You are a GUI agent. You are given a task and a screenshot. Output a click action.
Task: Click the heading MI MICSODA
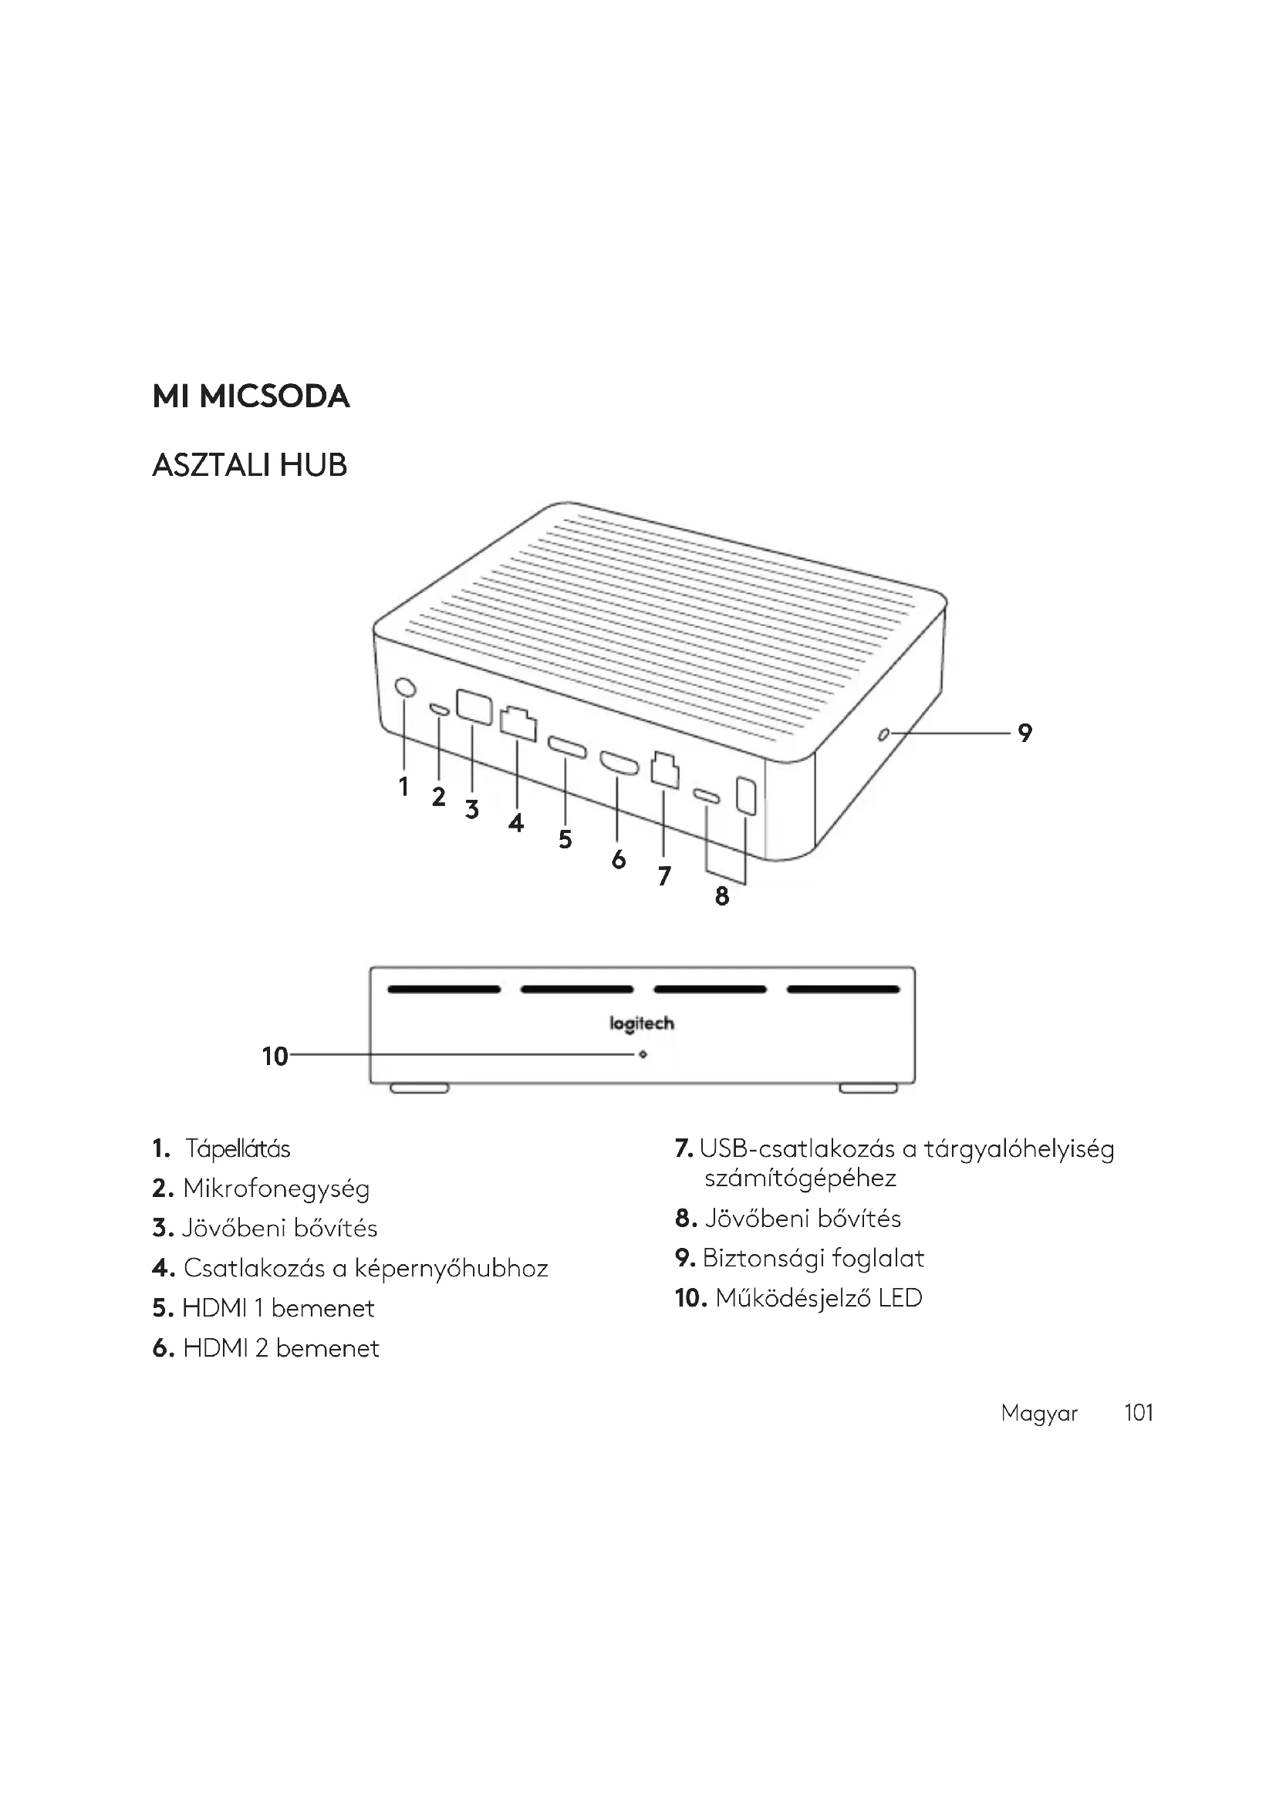click(251, 396)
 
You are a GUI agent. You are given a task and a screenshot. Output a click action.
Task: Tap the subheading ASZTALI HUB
click(249, 466)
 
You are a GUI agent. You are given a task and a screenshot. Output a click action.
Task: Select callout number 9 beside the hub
click(1025, 733)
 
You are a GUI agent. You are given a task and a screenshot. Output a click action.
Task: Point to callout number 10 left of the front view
click(275, 1057)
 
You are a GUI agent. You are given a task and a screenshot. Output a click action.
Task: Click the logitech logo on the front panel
click(642, 1023)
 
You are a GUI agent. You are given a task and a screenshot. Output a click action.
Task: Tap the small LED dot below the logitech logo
click(643, 1054)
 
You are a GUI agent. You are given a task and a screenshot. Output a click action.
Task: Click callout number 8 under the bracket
click(722, 895)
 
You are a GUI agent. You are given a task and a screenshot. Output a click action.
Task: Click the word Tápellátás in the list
click(238, 1149)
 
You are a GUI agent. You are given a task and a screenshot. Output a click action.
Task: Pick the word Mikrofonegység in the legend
click(275, 1189)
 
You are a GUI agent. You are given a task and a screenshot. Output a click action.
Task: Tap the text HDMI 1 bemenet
click(278, 1308)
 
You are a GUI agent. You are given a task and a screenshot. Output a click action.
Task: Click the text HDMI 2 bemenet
click(281, 1348)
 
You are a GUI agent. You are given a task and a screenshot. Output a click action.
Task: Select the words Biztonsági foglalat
click(813, 1258)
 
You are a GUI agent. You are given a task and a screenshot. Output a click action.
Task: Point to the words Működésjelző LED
click(818, 1298)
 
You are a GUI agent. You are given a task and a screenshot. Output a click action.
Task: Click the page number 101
click(1138, 1413)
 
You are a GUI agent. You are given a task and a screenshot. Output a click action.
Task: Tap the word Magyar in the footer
click(1038, 1414)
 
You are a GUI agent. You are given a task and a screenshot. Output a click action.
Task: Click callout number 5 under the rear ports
click(565, 839)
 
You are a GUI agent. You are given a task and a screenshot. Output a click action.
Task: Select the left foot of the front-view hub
click(420, 1088)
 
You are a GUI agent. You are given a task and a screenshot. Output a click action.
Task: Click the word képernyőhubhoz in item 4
click(451, 1268)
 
